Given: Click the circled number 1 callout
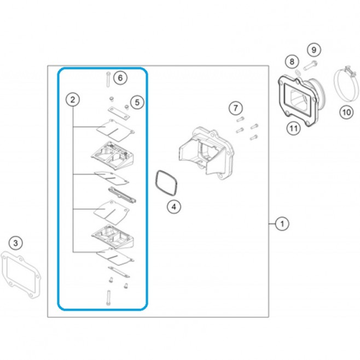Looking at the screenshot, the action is [x=282, y=224].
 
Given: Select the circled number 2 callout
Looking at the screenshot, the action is [x=73, y=100].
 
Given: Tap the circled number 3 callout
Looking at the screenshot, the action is [x=16, y=243].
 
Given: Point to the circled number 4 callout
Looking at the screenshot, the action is [x=174, y=207].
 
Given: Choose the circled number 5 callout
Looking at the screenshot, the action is [x=137, y=102].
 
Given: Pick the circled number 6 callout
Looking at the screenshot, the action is [x=120, y=78].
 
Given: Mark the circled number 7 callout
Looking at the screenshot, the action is [x=236, y=108].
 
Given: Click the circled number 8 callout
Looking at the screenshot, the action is [x=292, y=61].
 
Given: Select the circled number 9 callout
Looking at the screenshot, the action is [x=313, y=50].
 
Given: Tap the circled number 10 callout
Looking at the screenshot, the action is [x=346, y=112].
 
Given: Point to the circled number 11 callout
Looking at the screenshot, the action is [x=294, y=129].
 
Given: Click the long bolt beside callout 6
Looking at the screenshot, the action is [x=108, y=79].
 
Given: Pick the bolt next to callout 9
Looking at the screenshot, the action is [x=310, y=65].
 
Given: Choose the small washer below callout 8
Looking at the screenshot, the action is [x=297, y=73].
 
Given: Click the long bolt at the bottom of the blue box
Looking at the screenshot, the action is [x=108, y=298].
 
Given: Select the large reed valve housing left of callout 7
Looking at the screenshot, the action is [x=207, y=153].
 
